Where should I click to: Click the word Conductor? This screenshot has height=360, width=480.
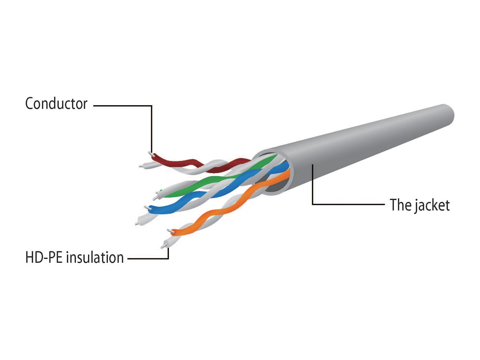tap(56, 104)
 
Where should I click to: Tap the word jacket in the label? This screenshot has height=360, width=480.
tap(430, 205)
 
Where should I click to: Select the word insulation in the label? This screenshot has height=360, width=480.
tap(95, 257)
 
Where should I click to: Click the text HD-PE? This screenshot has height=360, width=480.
tap(44, 257)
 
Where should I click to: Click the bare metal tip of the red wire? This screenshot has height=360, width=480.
tap(150, 153)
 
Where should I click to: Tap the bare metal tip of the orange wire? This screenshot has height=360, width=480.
tap(170, 230)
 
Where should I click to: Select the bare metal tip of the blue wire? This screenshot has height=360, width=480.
tap(146, 207)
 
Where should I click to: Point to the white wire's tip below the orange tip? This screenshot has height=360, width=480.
tap(164, 244)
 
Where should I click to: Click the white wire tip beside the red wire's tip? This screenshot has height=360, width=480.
tap(141, 165)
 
